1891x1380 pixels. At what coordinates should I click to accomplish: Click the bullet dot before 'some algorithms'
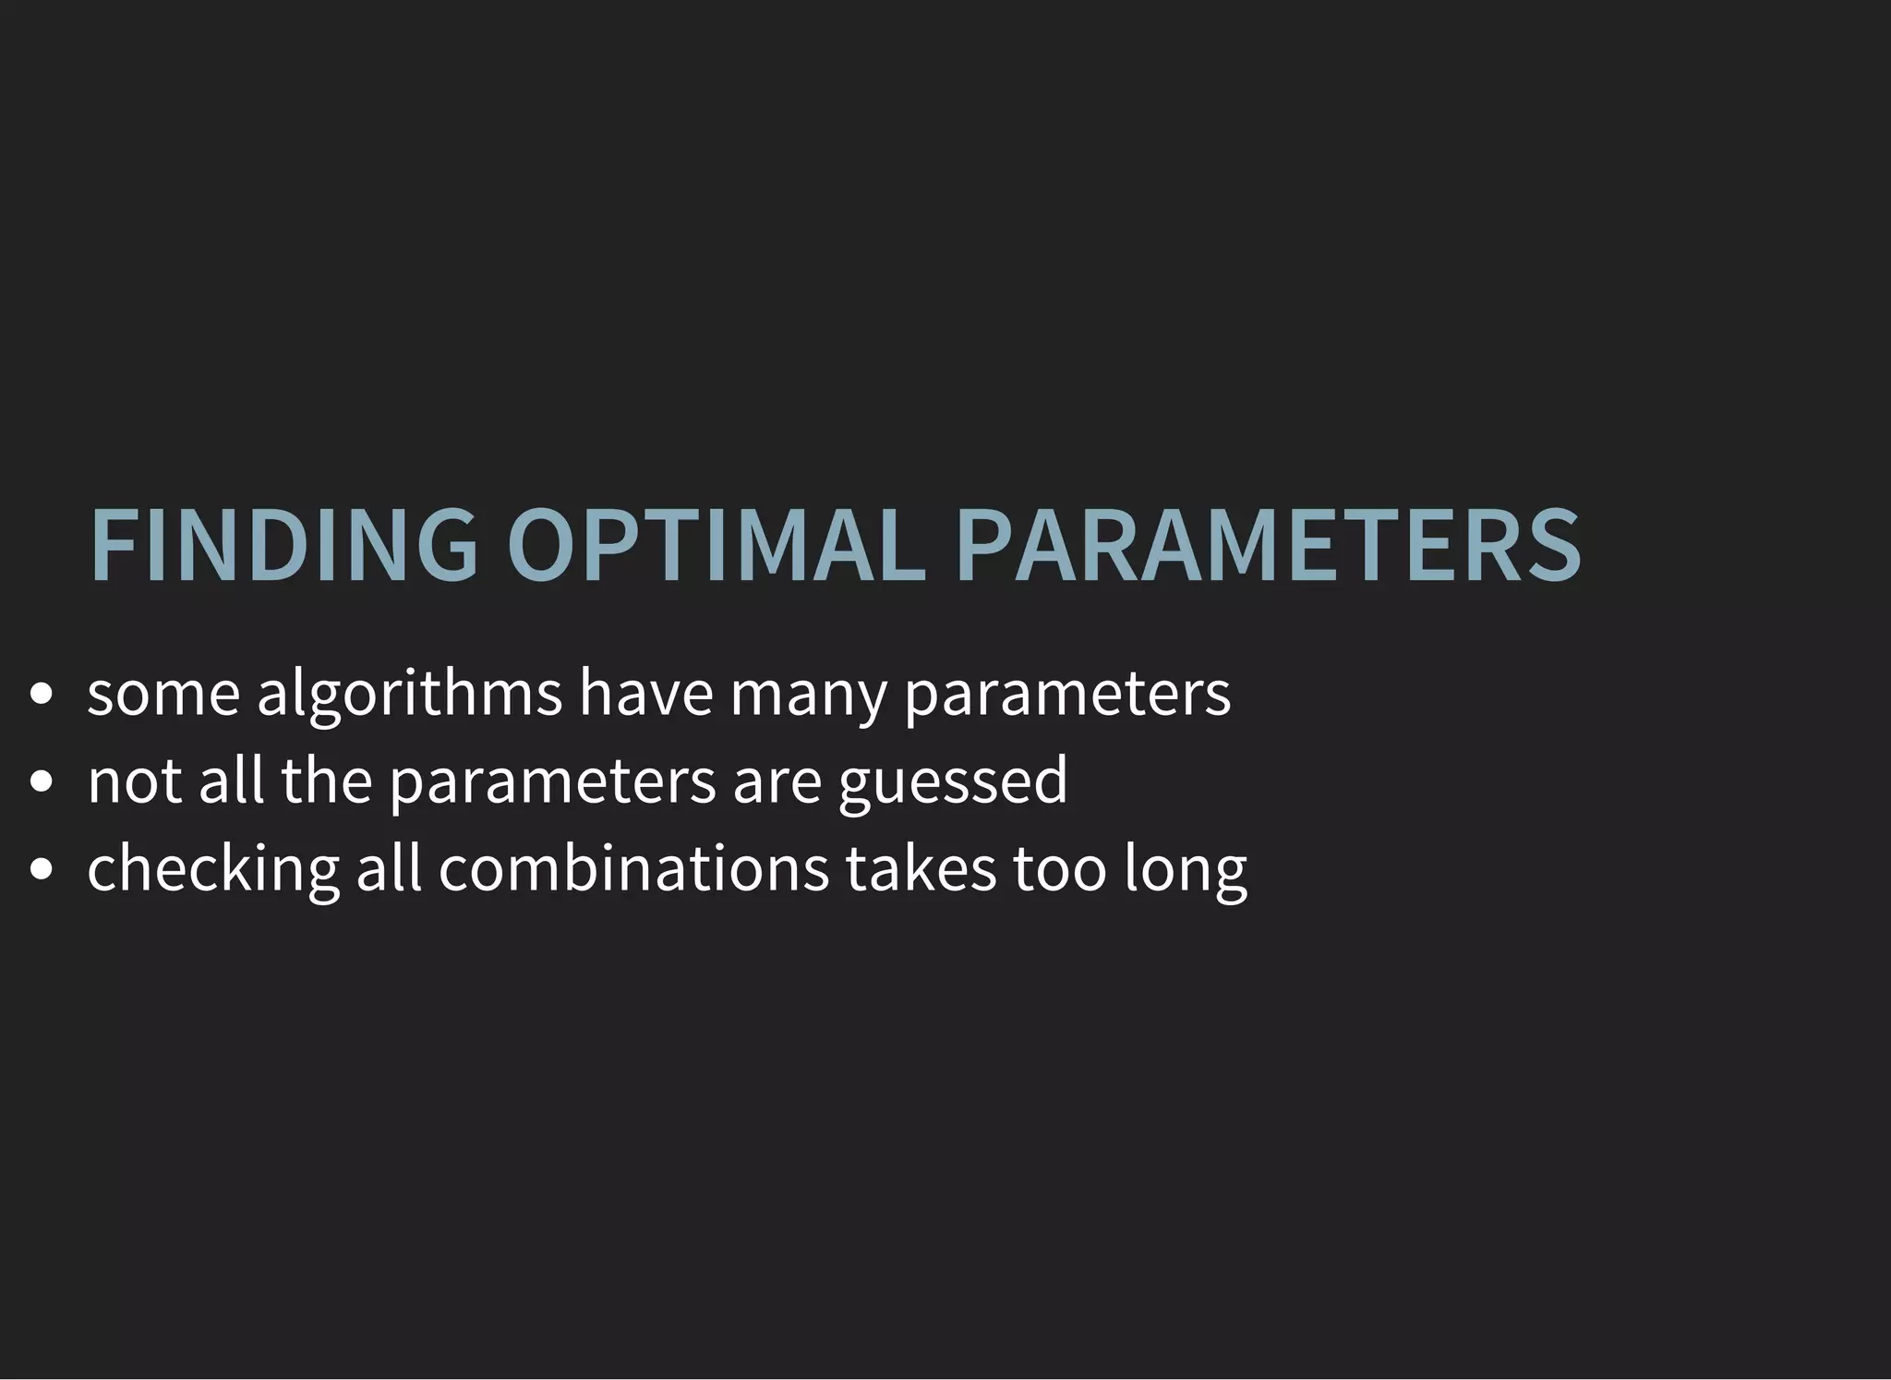(40, 695)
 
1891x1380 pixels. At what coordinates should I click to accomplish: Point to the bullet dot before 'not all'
(40, 782)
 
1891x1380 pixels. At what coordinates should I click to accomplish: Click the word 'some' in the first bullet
(163, 695)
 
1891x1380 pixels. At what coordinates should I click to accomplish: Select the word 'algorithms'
(409, 695)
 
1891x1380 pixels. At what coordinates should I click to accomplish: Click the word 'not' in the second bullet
(135, 782)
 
